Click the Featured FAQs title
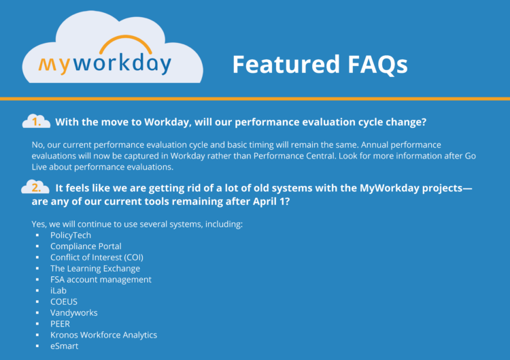click(320, 64)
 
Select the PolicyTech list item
click(71, 235)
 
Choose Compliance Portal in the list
click(86, 246)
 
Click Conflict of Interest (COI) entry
click(97, 257)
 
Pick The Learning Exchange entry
click(95, 269)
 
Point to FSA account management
click(101, 280)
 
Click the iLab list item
click(58, 291)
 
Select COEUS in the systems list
click(64, 301)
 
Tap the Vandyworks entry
click(74, 313)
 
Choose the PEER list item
click(61, 324)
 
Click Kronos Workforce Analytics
click(103, 335)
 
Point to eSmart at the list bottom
click(65, 346)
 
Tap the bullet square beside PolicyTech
click(37, 235)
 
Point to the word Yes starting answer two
click(39, 224)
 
